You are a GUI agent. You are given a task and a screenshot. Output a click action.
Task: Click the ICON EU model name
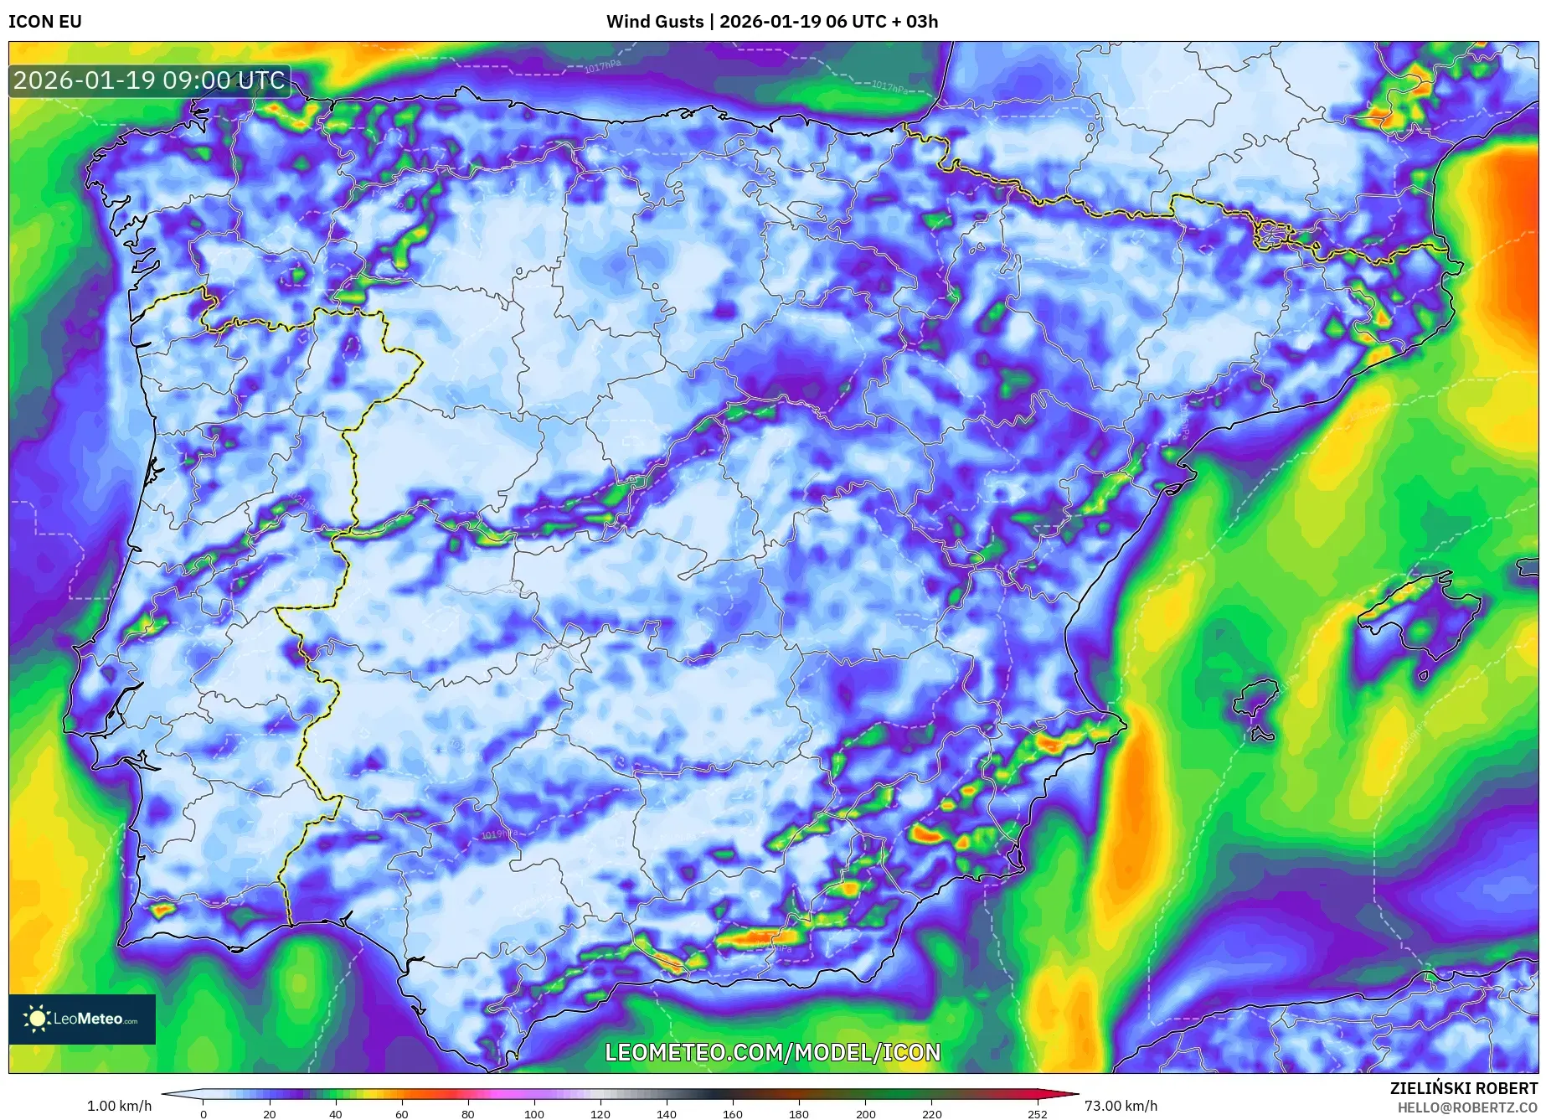pyautogui.click(x=45, y=22)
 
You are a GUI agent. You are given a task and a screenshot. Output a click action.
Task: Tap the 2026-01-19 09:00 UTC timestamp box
pyautogui.click(x=150, y=80)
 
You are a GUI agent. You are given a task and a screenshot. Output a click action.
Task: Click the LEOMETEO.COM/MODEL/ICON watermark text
pyautogui.click(x=772, y=1052)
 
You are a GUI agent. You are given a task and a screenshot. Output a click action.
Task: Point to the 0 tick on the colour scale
pyautogui.click(x=203, y=1114)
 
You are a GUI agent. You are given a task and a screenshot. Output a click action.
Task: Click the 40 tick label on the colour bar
pyautogui.click(x=335, y=1114)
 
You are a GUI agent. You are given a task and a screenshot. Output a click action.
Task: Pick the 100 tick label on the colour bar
pyautogui.click(x=533, y=1114)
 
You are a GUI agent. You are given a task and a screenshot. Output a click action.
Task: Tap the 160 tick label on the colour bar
pyautogui.click(x=733, y=1114)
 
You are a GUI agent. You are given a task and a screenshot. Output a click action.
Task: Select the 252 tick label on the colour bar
pyautogui.click(x=1038, y=1114)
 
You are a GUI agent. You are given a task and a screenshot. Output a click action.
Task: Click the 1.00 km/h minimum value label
pyautogui.click(x=120, y=1106)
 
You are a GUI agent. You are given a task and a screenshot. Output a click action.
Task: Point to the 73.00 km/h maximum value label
pyautogui.click(x=1121, y=1106)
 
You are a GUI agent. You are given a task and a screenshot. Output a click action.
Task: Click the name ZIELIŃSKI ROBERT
pyautogui.click(x=1464, y=1088)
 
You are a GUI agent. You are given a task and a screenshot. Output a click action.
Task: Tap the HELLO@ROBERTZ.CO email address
pyautogui.click(x=1467, y=1107)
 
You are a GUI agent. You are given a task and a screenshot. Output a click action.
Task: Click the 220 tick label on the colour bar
pyautogui.click(x=931, y=1114)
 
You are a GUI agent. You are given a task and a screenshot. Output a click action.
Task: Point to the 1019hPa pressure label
pyautogui.click(x=500, y=834)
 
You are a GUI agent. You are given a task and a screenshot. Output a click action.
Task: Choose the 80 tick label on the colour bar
pyautogui.click(x=467, y=1114)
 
